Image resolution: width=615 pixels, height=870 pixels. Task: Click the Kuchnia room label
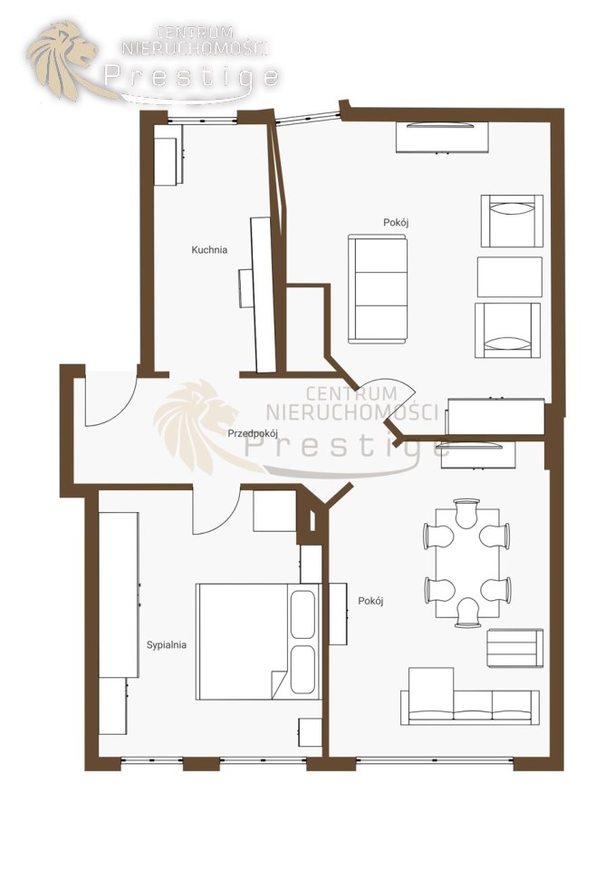click(x=209, y=250)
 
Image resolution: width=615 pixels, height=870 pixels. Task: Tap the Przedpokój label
click(x=253, y=434)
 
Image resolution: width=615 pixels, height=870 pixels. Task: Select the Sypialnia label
click(x=167, y=644)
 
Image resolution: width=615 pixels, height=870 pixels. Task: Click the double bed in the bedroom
click(x=258, y=641)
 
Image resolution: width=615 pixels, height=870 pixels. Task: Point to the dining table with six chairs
click(x=467, y=563)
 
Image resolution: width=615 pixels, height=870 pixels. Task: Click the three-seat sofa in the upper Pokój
click(x=378, y=288)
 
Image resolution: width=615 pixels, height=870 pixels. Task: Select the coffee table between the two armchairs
click(x=510, y=277)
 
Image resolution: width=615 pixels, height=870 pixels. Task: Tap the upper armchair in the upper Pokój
click(x=512, y=221)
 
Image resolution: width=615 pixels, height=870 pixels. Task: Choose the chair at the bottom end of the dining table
click(x=467, y=613)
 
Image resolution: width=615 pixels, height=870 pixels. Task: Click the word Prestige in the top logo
click(x=191, y=76)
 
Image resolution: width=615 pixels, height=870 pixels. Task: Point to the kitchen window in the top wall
click(x=202, y=121)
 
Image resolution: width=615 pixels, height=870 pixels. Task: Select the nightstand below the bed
click(x=310, y=732)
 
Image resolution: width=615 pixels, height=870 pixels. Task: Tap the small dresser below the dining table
click(x=514, y=648)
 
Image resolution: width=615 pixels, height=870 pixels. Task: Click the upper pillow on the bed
click(x=303, y=614)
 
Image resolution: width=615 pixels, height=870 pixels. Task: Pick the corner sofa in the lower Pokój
click(x=469, y=697)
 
